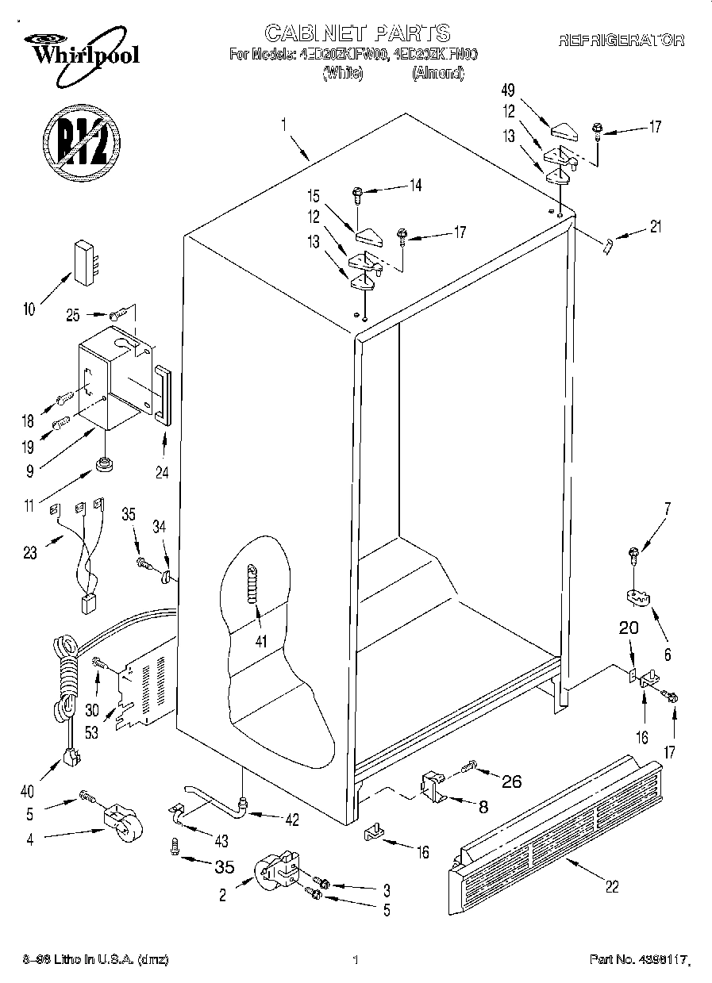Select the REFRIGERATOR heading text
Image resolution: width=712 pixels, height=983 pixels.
click(x=621, y=40)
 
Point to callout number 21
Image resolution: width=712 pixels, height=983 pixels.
click(x=655, y=228)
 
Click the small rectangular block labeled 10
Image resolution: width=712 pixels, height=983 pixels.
click(x=87, y=259)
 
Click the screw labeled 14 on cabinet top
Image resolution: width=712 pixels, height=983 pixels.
click(x=357, y=192)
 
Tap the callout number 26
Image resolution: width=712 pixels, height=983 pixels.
click(x=512, y=781)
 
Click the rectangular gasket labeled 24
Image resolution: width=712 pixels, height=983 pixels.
click(x=163, y=394)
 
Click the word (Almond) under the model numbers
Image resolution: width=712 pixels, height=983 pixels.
click(x=438, y=73)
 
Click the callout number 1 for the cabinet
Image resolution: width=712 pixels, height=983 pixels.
click(x=283, y=124)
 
